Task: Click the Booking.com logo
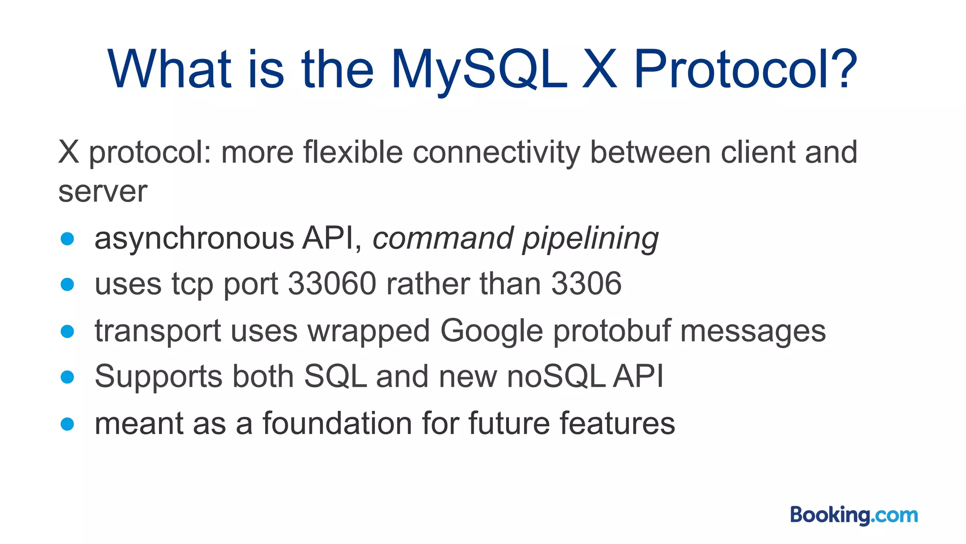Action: [x=854, y=515]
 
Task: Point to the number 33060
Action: [x=332, y=284]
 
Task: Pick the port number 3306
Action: [x=586, y=284]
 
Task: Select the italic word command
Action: [x=443, y=238]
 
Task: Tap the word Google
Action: [x=491, y=331]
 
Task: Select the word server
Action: [x=103, y=192]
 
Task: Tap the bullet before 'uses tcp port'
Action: [x=67, y=285]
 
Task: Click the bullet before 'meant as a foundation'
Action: [x=67, y=424]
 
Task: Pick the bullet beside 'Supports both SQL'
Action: [x=67, y=377]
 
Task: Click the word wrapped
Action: [x=368, y=331]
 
